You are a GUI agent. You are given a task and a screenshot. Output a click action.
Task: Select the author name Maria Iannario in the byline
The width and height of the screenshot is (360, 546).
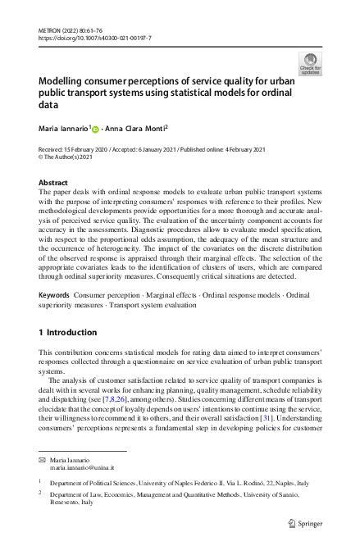(64, 128)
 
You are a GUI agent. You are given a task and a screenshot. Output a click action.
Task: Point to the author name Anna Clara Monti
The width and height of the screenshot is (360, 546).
(137, 128)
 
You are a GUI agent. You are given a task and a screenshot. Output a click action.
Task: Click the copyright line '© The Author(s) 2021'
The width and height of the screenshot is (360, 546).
(68, 159)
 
